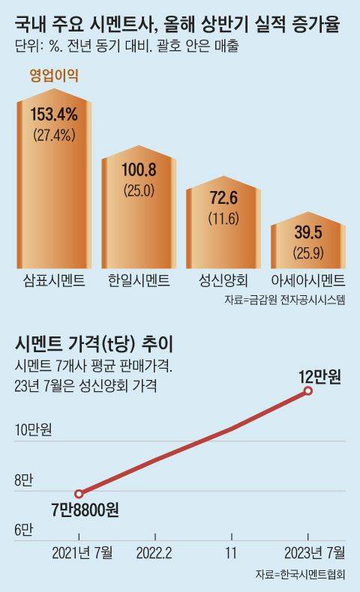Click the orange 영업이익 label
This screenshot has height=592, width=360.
[x=55, y=75]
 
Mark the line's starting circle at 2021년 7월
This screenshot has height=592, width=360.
[x=79, y=493]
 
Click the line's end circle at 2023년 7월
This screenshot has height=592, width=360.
[x=308, y=392]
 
